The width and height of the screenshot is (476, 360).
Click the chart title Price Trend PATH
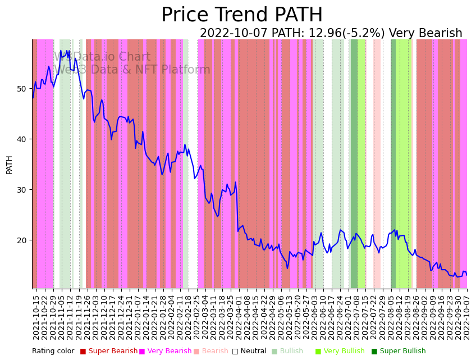242,15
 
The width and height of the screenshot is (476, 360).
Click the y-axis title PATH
9,165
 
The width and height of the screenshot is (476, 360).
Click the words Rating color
53,352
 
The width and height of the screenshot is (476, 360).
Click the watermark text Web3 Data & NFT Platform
132,70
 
